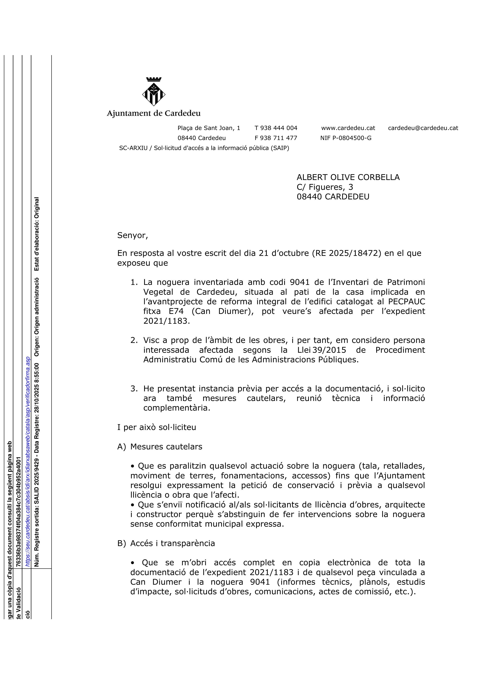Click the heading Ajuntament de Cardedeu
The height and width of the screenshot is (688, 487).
pos(154,114)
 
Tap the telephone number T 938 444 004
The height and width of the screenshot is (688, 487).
pos(276,128)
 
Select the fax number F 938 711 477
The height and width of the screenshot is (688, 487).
pos(276,138)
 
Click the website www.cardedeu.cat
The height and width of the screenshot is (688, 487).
pos(348,128)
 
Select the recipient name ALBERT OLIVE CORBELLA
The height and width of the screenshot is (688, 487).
pos(348,177)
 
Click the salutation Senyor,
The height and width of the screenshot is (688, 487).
pos(133,235)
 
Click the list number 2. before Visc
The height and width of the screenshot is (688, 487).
pos(134,340)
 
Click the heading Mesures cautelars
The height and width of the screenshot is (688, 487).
pos(166,447)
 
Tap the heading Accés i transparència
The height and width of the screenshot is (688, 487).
pos(173,543)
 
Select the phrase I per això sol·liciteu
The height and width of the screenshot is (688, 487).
pos(157,427)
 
